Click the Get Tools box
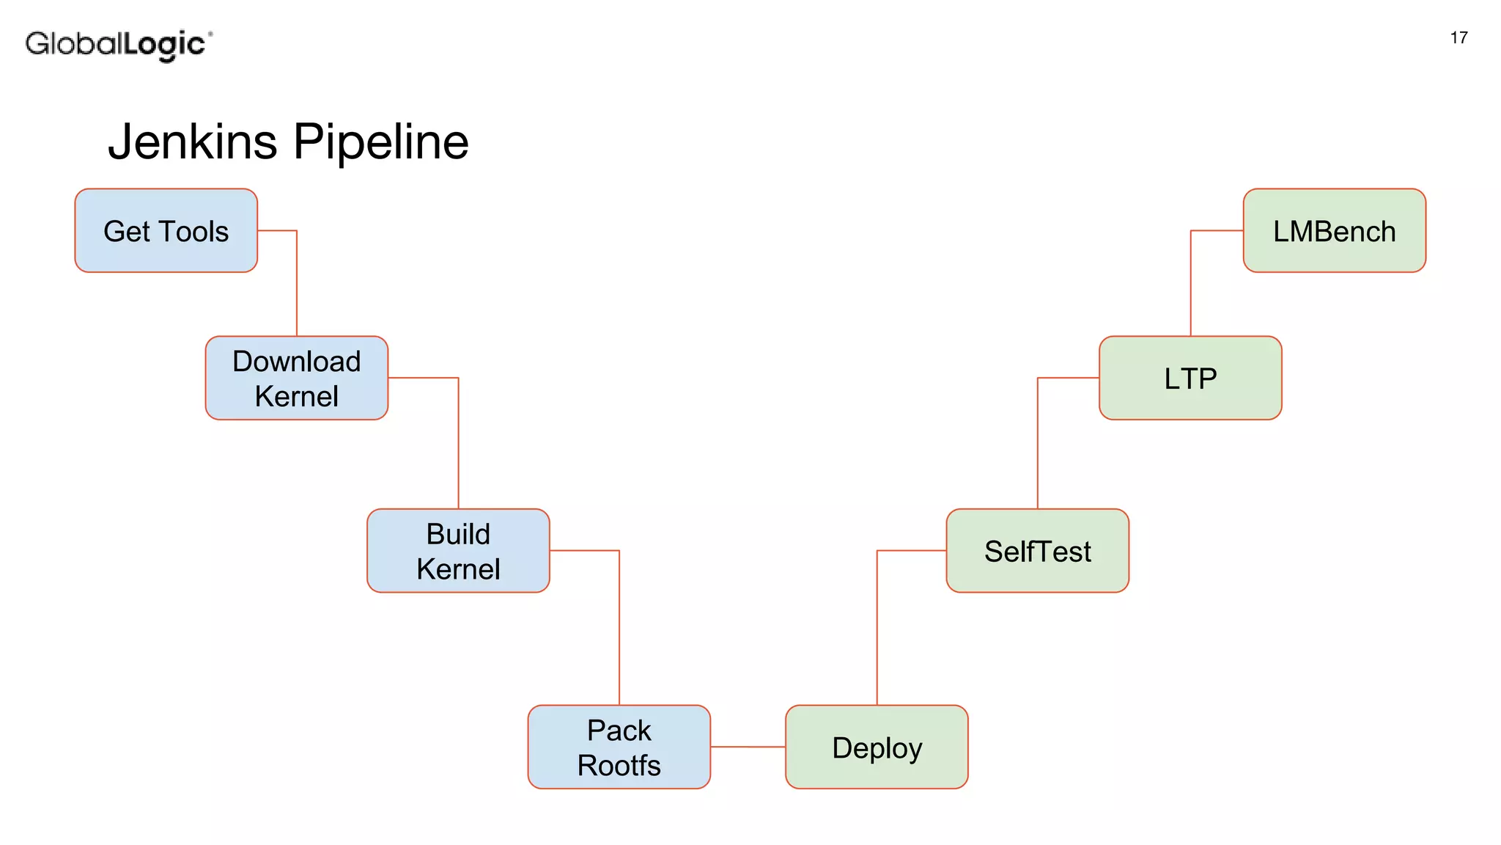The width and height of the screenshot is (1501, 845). coord(166,231)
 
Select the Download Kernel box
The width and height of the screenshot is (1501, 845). coord(296,378)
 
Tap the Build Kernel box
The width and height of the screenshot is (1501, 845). coord(458,551)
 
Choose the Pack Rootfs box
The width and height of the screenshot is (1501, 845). coord(619,747)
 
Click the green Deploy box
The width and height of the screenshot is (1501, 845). coord(877,747)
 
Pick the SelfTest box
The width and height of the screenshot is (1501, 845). coord(1037,551)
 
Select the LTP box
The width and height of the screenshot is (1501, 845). coord(1190,378)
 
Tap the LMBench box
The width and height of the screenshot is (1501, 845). coord(1334,231)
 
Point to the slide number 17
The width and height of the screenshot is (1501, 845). coord(1458,38)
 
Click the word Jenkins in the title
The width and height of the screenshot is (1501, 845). coord(193,142)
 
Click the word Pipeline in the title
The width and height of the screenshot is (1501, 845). coord(381,142)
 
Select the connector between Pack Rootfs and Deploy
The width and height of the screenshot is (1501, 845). coord(748,747)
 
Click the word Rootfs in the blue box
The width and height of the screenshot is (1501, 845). coord(619,766)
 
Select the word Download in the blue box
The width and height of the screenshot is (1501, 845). coord(296,362)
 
